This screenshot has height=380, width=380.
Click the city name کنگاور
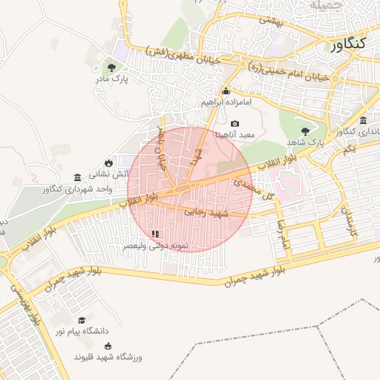pyautogui.click(x=346, y=44)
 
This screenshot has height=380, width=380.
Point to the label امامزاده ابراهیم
pyautogui.click(x=226, y=101)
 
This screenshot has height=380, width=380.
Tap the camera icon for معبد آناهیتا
pyautogui.click(x=235, y=124)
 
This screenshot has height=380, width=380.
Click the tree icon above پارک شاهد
pyautogui.click(x=306, y=131)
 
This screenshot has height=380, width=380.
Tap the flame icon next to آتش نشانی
pyautogui.click(x=109, y=163)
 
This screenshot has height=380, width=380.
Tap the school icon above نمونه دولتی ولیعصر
pyautogui.click(x=154, y=233)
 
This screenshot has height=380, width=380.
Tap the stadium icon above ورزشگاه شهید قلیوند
pyautogui.click(x=108, y=345)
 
